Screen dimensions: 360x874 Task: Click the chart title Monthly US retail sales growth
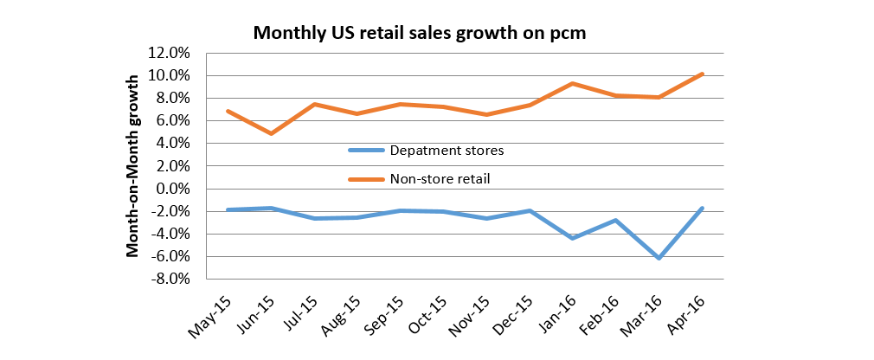click(x=420, y=34)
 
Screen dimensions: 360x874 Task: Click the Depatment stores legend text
click(x=447, y=151)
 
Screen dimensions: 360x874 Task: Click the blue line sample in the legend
click(x=365, y=151)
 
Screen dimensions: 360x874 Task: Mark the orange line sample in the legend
click(x=365, y=179)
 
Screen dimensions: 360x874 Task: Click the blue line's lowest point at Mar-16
click(x=659, y=258)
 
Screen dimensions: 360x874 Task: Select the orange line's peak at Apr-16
click(x=702, y=74)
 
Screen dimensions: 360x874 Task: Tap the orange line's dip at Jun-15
click(x=271, y=133)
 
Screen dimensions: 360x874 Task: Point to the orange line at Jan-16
click(x=572, y=83)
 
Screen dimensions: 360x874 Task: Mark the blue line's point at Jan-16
click(x=572, y=238)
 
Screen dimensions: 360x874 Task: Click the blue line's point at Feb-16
click(x=615, y=220)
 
